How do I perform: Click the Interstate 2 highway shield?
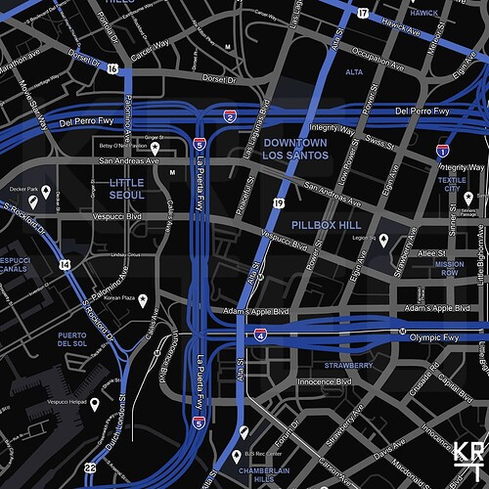point(230,117)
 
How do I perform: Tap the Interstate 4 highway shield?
point(260,334)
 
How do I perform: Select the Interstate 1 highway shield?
point(442,151)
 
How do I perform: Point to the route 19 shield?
point(279,202)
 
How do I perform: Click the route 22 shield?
point(90,468)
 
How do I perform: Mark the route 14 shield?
point(65,264)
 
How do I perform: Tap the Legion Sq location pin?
point(383,240)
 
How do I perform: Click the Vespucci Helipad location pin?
point(95,403)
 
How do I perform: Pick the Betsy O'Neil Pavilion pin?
point(155,148)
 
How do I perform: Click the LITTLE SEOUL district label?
point(127,189)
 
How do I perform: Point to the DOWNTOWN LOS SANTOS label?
point(294,150)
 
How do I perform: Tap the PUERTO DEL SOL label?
point(74,338)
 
